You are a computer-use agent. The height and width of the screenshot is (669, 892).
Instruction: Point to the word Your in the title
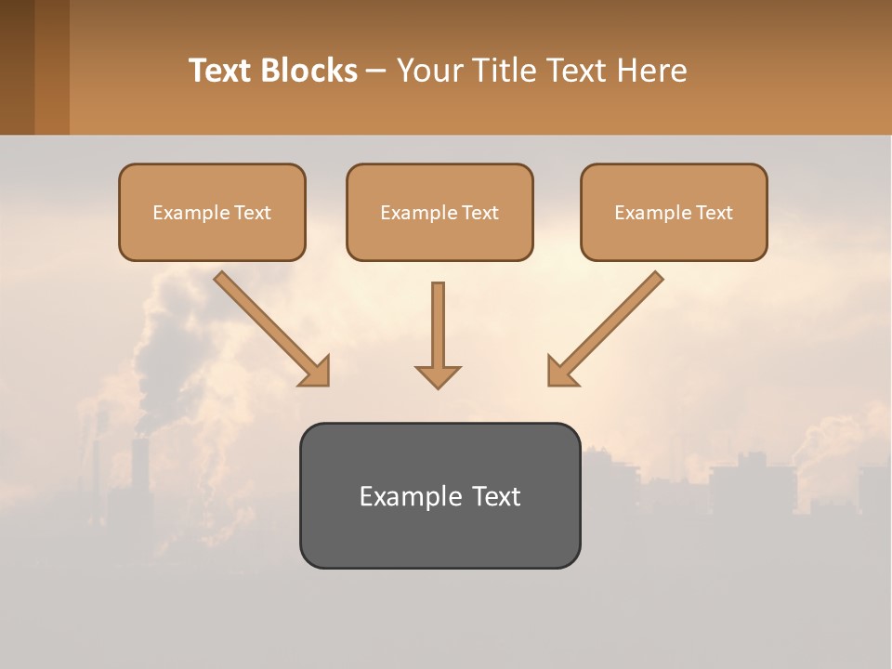coord(429,71)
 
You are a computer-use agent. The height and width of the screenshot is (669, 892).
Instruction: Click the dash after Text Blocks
coord(376,72)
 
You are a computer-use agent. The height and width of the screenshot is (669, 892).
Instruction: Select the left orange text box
coord(212,212)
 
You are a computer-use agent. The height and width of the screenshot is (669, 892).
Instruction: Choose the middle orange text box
coord(439,212)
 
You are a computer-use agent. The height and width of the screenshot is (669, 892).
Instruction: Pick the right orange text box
coord(674,212)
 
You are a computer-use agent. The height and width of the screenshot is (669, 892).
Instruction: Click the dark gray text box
coord(439,495)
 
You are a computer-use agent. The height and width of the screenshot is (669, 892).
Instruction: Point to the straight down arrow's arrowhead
coord(438,376)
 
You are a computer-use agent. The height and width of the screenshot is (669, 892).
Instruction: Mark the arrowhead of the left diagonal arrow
coord(316,372)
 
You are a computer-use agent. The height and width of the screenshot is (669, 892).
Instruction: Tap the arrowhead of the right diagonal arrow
coord(561,372)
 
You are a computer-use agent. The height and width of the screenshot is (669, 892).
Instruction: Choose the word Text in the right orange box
coord(715,213)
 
